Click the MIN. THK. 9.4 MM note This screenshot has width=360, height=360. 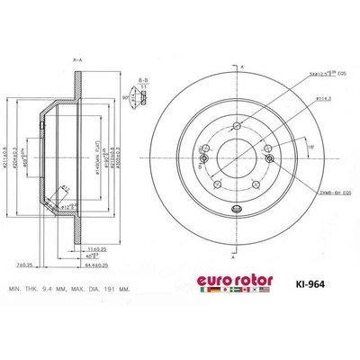(x=51, y=287)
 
